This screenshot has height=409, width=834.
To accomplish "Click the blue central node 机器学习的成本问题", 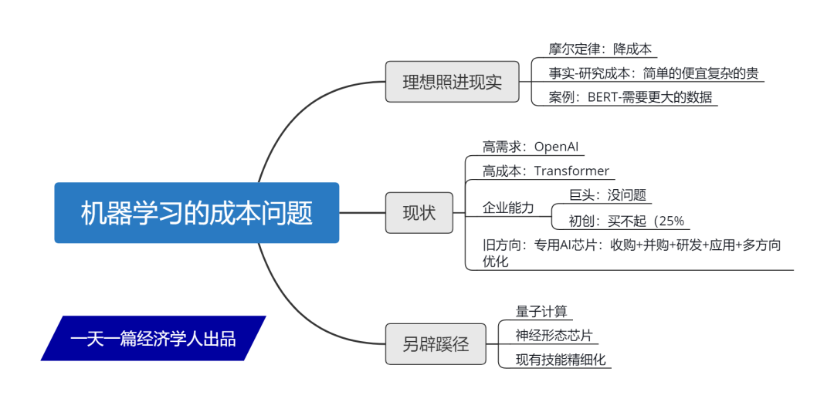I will coord(196,213).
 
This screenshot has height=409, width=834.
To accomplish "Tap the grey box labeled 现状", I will coord(419,213).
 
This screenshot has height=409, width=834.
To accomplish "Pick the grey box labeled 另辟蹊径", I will coord(436,343).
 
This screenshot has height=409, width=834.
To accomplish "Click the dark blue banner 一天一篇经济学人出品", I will coord(153,338).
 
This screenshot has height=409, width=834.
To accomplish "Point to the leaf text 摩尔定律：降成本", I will coord(600,49).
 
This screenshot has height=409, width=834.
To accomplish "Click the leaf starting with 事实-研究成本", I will coord(653,73).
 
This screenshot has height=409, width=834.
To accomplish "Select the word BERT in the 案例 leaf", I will coord(605,97).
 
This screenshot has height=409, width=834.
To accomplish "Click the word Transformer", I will coord(571,171).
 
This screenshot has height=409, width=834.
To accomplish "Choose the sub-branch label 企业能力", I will coord(508,208).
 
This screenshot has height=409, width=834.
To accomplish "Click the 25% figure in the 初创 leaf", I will coord(670,220).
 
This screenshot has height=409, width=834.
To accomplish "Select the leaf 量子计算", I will coord(541,311).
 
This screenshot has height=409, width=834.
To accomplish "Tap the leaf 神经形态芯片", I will coord(555,335).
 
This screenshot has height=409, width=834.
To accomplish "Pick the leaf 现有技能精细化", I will coord(561,359).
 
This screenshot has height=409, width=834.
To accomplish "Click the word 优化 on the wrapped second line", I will coord(496,262).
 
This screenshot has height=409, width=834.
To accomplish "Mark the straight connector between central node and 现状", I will coord(362,213).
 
